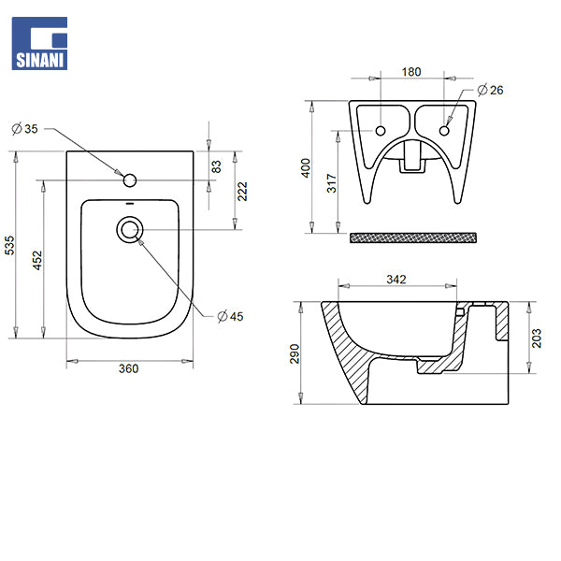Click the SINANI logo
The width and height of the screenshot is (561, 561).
click(39, 43)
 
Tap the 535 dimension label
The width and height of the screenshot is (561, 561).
click(9, 245)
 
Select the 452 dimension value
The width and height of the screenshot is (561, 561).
click(37, 261)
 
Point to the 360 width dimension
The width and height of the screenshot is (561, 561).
click(128, 368)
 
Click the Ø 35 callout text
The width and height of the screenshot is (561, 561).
click(24, 128)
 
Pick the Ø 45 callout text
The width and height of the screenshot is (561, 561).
click(230, 316)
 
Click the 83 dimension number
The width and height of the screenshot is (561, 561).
click(216, 166)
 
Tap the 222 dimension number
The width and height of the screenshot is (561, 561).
click(242, 192)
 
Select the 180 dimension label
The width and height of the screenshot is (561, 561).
click(411, 72)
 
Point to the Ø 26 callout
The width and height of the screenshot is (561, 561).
click(490, 90)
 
